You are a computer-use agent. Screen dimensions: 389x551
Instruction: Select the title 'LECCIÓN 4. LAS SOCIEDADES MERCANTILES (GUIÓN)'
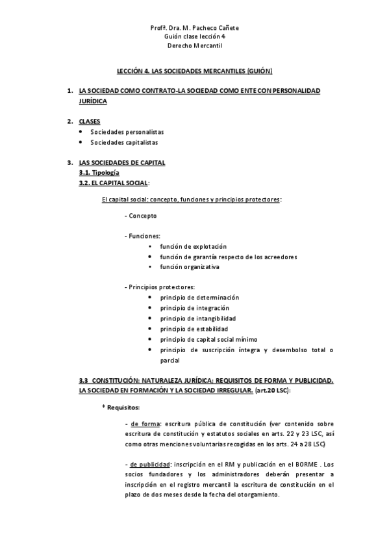[194, 70]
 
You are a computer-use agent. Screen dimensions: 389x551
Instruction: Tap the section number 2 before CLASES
[69, 122]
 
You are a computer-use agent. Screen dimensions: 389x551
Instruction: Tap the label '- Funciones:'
[142, 236]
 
